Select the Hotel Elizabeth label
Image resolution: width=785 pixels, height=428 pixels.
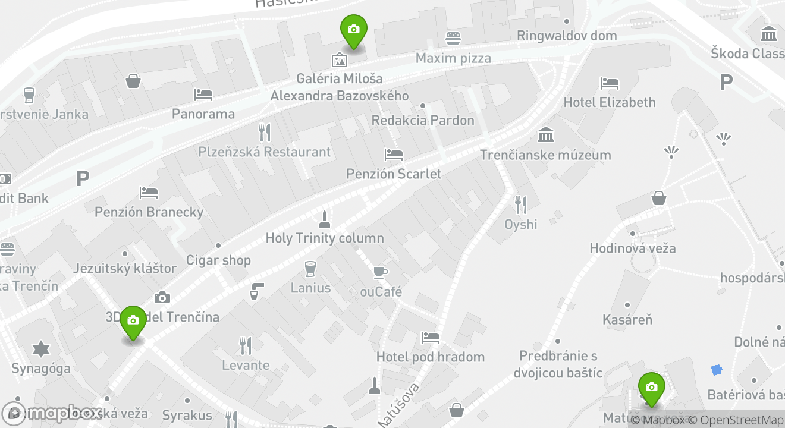[609, 102]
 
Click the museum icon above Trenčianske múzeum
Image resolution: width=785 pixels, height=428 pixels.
[545, 135]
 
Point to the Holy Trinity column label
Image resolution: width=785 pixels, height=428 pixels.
[324, 238]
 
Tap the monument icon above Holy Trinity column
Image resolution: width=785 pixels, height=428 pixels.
[324, 219]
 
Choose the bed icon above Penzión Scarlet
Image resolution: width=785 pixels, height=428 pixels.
[393, 155]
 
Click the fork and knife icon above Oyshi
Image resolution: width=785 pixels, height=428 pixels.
[520, 205]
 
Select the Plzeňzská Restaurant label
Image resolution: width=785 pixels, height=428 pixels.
[264, 152]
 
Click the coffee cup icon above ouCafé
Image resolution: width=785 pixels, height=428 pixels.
[380, 272]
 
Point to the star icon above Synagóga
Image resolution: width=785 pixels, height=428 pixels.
[40, 349]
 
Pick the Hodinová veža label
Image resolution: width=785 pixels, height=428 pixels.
[632, 248]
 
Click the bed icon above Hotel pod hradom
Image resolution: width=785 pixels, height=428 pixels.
[430, 338]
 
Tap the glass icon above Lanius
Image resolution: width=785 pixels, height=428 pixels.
[310, 269]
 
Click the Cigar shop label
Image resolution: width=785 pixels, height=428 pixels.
[218, 260]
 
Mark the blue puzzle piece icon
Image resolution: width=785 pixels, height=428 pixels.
[717, 370]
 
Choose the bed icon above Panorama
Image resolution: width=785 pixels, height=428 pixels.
[203, 94]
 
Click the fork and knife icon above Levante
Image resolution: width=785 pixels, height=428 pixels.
[245, 345]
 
